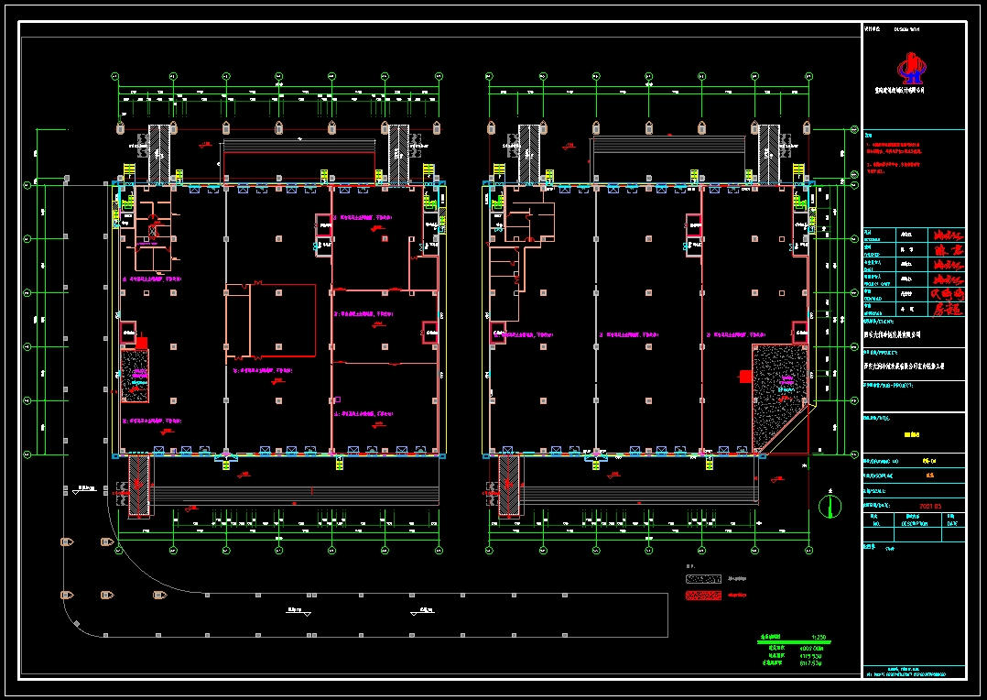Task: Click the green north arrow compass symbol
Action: coord(830,506)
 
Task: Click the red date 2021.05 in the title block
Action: coord(931,505)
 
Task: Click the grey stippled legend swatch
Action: coord(705,578)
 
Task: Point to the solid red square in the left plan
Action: coord(142,343)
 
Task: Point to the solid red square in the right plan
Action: coord(746,376)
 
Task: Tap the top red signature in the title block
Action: coord(946,235)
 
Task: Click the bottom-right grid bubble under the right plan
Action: coord(809,549)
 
